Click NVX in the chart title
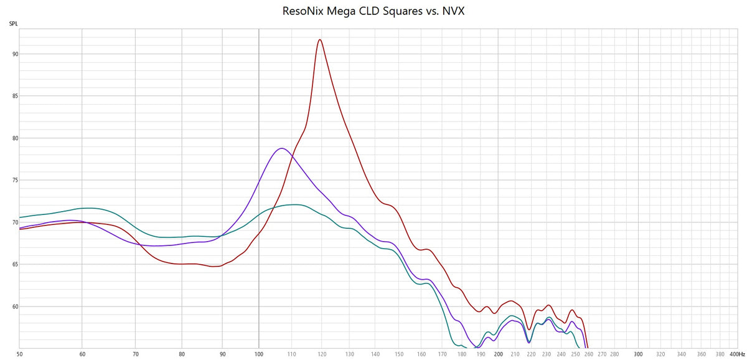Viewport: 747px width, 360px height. click(453, 11)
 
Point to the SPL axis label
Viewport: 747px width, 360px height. click(13, 24)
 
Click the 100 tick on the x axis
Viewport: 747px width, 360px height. click(259, 353)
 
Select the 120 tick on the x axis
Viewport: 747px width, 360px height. click(321, 353)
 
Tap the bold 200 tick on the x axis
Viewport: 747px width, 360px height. click(498, 353)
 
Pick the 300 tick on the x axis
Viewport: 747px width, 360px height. click(638, 353)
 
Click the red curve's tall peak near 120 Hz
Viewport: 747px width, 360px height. click(320, 40)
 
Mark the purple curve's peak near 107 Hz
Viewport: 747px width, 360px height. click(282, 148)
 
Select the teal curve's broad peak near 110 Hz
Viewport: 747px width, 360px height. click(294, 204)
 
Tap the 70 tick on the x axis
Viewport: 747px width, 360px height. click(136, 353)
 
